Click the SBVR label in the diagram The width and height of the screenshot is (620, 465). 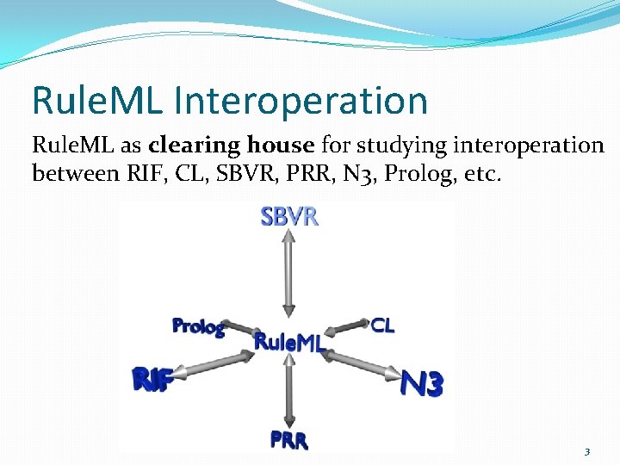coord(289,216)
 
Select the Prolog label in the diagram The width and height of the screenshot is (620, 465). coord(199,326)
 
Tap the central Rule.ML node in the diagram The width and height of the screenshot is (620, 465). coord(288,343)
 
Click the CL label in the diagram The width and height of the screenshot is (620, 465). coord(383,325)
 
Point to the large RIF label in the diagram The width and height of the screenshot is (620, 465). coord(153,379)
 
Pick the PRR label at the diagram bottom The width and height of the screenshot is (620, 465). coord(288,439)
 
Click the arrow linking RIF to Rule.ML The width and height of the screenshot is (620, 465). coord(215,365)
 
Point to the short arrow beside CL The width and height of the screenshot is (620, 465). coord(349,327)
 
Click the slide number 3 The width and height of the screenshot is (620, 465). coord(586,451)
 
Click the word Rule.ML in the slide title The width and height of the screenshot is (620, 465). coord(96,101)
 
